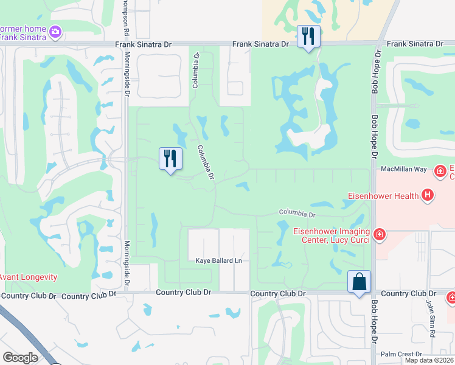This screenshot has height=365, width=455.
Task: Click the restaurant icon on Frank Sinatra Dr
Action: point(308,36)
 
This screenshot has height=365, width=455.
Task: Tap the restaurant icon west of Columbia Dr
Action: point(170,159)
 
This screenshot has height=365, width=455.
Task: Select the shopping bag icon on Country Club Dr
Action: point(359,282)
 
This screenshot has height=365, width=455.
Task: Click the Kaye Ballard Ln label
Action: point(218,261)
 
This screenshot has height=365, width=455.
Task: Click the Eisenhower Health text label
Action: point(383,196)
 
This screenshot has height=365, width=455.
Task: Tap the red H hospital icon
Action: point(428,195)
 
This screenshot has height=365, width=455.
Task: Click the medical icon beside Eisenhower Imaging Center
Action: point(380,234)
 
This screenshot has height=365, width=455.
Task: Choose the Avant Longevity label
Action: point(29,277)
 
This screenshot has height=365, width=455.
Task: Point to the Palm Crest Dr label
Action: point(401,354)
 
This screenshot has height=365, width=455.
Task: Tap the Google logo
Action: point(20,358)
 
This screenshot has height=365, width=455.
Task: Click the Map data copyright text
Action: point(429,360)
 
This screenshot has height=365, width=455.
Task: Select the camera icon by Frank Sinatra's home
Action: point(55,31)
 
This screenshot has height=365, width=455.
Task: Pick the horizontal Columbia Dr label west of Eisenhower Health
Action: point(297,214)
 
